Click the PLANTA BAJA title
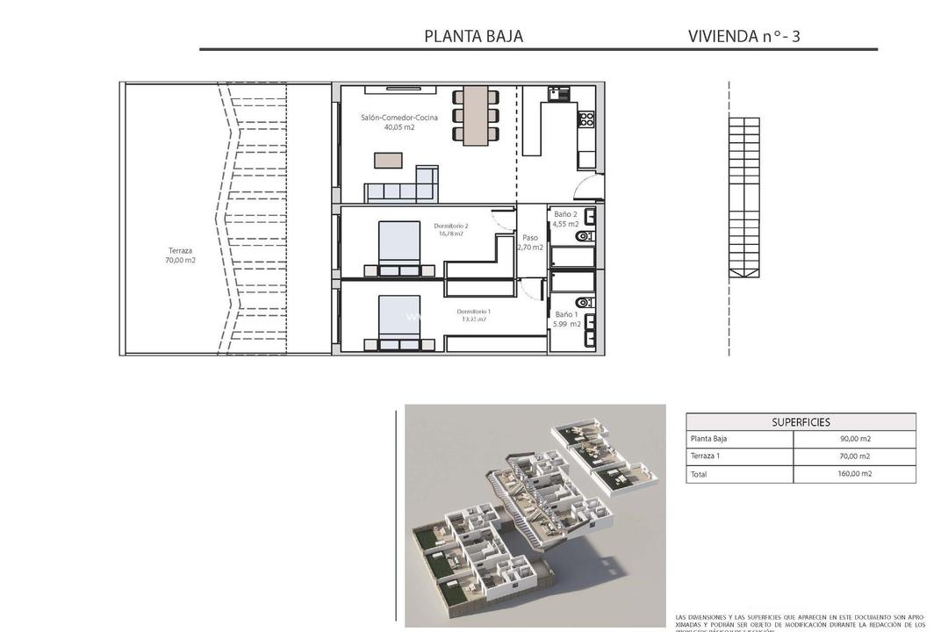(473, 36)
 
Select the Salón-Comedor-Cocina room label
(399, 118)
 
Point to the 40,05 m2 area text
(399, 127)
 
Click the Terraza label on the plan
(180, 250)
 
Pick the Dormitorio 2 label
(451, 226)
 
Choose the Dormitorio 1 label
(473, 312)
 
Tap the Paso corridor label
(530, 238)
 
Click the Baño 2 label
(565, 214)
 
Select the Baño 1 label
(566, 313)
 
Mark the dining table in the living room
(476, 115)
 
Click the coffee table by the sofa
(388, 160)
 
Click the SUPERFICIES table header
(801, 422)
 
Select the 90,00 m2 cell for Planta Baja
(854, 439)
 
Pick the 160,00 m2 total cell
(854, 474)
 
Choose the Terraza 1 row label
(706, 456)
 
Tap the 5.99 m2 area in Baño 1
(566, 324)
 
